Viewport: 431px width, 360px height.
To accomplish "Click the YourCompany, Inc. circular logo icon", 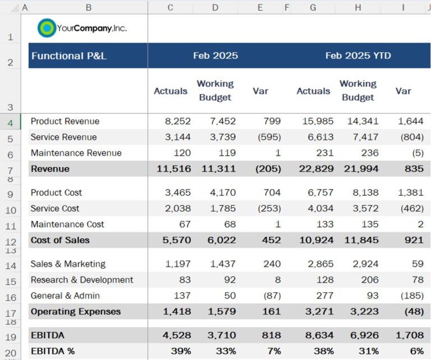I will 47,28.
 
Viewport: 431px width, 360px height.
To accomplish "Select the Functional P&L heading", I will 69,56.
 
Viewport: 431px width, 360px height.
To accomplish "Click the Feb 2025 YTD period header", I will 358,56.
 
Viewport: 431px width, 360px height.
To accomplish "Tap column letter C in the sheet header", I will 170,7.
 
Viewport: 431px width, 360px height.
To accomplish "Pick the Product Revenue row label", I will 65,121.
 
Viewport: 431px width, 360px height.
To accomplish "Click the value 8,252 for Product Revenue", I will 178,121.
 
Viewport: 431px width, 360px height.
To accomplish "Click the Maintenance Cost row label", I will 67,224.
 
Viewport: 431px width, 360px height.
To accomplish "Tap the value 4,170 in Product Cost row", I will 223,192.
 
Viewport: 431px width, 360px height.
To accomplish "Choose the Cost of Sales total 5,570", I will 177,240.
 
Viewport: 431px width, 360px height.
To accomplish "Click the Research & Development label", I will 82,280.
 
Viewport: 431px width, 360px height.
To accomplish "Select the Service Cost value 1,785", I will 223,209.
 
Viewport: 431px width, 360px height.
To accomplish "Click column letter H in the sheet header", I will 357,7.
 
